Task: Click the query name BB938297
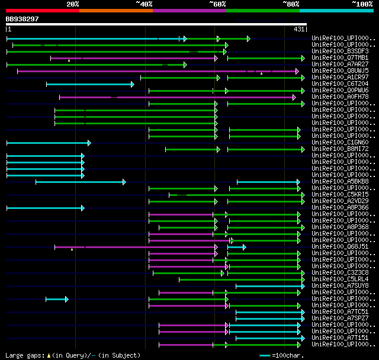click(x=23, y=19)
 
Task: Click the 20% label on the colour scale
click(x=73, y=4)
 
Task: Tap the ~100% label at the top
click(x=362, y=4)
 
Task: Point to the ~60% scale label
click(x=217, y=4)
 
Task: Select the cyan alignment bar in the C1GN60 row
click(x=48, y=143)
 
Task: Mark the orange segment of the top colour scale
click(x=115, y=10)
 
